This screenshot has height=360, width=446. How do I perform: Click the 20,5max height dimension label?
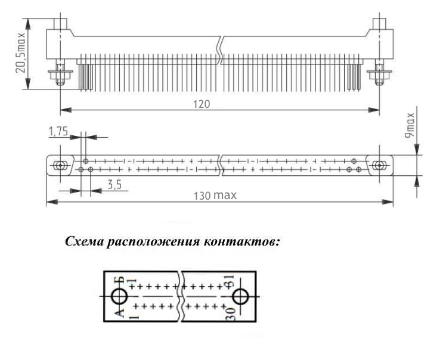pos(20,53)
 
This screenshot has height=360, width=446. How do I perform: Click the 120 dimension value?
pos(202,104)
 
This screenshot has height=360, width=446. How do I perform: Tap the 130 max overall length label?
pos(215,195)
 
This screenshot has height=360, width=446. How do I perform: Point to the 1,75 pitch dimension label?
pos(58,131)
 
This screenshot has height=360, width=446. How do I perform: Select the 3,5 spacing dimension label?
pos(114,185)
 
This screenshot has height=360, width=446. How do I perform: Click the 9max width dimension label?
pos(410,126)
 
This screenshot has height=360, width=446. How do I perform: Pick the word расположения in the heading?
pos(153,243)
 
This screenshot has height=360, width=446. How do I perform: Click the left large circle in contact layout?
pos(119,297)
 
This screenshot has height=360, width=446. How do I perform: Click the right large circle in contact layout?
pos(241,297)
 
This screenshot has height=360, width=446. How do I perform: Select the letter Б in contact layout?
pos(122,280)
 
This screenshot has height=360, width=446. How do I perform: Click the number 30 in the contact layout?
pos(230,314)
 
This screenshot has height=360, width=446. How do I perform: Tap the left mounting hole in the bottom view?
pos(60,165)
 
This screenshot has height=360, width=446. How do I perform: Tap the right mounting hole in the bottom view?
pos(379,165)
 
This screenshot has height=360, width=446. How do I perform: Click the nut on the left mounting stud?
pos(61,75)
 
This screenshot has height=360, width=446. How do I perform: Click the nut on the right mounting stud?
pos(379,75)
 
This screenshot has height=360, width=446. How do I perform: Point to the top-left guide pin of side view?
pos(60,24)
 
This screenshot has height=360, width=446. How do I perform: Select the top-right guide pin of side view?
pos(379,24)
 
